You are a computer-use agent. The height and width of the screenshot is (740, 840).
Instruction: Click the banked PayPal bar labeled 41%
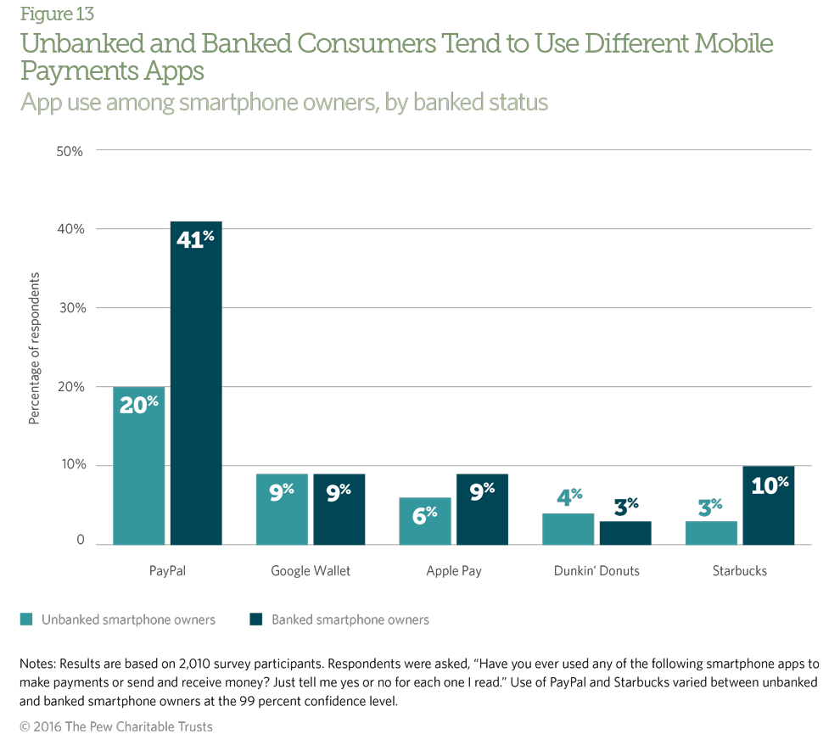196,382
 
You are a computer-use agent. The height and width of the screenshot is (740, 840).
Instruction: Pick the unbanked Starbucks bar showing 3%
711,533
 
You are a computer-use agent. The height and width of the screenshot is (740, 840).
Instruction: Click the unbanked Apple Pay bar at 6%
425,521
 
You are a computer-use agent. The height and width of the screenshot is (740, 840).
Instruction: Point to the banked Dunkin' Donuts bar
625,532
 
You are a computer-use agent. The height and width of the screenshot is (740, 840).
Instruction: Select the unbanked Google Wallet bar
282,509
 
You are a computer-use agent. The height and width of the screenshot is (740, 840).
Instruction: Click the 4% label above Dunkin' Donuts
569,496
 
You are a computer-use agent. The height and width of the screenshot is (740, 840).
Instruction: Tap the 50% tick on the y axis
69,151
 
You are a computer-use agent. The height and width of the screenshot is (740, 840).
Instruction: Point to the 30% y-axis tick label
69,308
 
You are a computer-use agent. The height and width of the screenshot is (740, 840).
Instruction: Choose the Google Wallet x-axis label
311,571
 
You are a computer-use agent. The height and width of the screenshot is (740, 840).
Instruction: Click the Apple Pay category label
454,571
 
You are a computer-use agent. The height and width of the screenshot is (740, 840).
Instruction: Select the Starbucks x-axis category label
740,571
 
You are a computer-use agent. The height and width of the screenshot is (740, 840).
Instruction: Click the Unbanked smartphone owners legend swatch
26,619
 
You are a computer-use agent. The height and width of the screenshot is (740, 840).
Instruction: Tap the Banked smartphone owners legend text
350,619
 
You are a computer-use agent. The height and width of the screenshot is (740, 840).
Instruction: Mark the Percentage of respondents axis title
34,349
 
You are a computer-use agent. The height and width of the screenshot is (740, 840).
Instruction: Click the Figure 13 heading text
57,14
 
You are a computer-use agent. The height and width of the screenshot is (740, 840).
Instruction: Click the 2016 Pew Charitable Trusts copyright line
116,726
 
